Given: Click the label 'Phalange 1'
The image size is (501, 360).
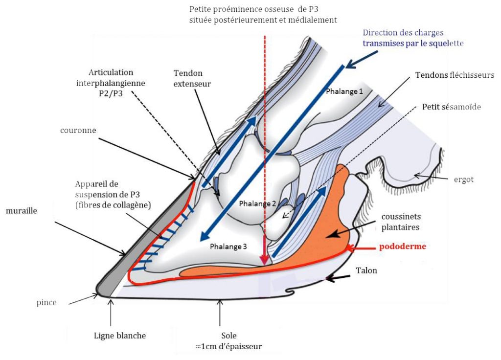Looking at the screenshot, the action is point(344,91).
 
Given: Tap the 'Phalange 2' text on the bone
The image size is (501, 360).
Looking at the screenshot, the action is point(257,203).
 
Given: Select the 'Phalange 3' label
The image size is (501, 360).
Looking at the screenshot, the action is point(228,247).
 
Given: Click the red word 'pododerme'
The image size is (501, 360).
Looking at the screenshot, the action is point(403,247).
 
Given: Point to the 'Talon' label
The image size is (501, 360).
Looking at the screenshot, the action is point(366,270).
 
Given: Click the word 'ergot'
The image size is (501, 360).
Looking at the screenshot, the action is point(464,180).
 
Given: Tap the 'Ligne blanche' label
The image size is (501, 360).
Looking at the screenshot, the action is point(120,336).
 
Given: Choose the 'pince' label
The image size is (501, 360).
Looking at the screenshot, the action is point(46,302).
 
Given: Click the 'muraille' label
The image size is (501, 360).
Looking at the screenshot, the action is point(22,210).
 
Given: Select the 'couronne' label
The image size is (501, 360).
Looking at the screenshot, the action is point(78,130).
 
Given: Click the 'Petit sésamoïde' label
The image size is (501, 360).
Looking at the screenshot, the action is point(452,107).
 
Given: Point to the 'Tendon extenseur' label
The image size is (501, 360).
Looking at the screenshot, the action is point(192,78).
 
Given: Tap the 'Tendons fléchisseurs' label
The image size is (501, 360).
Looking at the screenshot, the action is point(455,75).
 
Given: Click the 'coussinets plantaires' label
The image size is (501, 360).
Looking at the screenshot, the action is point(401,222).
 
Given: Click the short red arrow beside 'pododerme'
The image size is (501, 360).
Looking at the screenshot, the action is point(361,247).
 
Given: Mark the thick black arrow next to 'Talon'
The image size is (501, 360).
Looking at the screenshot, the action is point(338,278).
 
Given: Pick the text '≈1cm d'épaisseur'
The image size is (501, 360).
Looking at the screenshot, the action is point(229,346).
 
